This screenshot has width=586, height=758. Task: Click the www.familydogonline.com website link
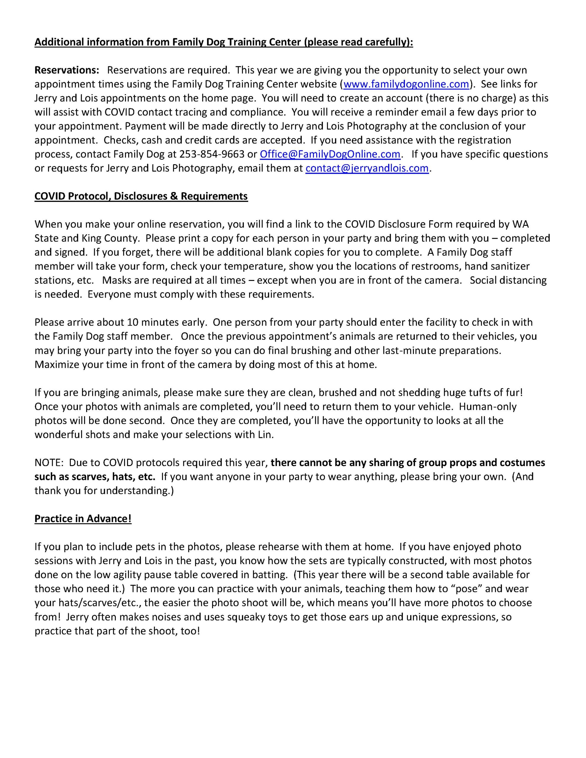click(406, 84)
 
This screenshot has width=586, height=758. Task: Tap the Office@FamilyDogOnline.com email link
click(330, 154)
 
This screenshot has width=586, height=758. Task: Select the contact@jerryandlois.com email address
click(367, 168)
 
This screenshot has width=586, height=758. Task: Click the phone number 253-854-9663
click(212, 154)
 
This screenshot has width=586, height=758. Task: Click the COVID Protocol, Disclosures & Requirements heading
click(141, 196)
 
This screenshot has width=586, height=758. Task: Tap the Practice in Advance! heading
click(83, 518)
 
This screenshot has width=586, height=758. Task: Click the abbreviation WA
click(520, 224)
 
